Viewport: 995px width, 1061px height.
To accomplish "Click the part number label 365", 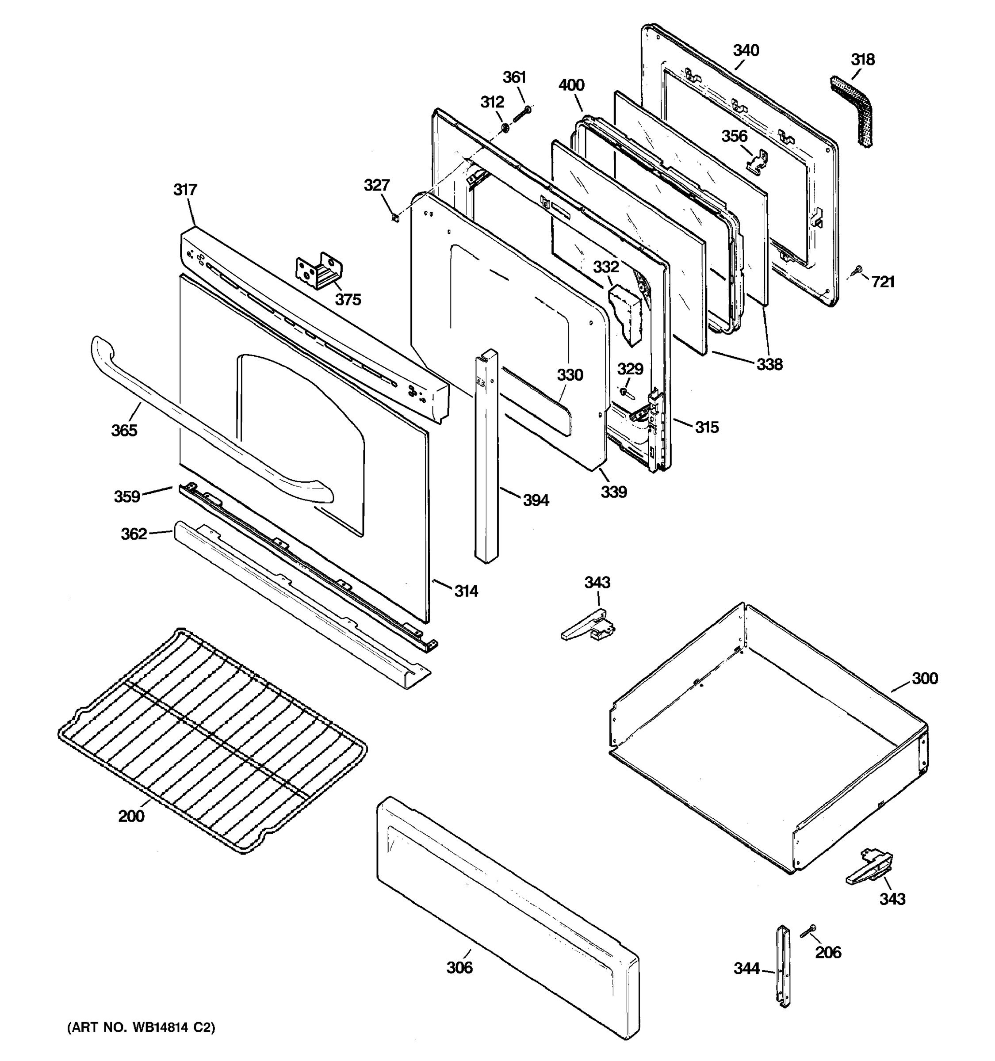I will click(x=124, y=430).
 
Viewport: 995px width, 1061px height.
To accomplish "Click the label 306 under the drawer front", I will click(x=459, y=968).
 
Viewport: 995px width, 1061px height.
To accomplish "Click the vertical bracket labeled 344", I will click(x=783, y=966).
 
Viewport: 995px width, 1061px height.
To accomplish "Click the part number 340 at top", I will click(x=746, y=51).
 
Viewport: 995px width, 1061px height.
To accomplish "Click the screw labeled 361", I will click(x=523, y=114).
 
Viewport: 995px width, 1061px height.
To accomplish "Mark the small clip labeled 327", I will click(x=394, y=217).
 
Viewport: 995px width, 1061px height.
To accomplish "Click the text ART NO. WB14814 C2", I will click(x=141, y=1027).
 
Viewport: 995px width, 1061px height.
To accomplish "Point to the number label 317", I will click(x=185, y=190).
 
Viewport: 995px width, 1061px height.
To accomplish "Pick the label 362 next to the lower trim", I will click(x=134, y=534).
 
